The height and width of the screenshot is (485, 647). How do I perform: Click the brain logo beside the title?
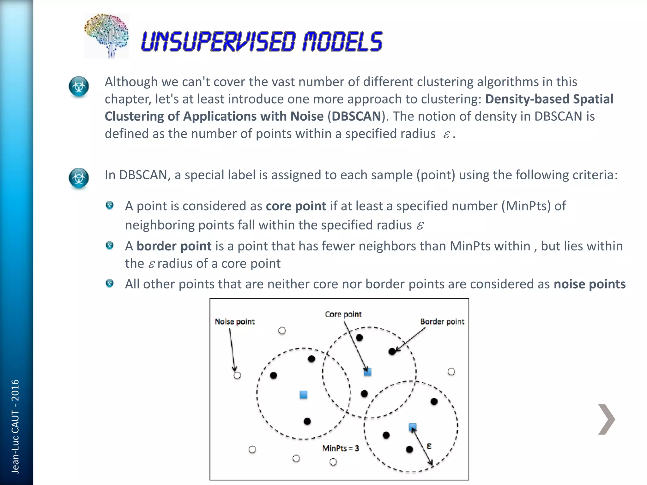coord(106,36)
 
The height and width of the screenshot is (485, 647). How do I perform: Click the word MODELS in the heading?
coord(342,42)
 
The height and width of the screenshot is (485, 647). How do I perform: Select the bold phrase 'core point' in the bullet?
coord(296,206)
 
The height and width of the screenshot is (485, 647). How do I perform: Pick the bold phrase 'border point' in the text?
coord(174,246)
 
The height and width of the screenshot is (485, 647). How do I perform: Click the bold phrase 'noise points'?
coord(590,284)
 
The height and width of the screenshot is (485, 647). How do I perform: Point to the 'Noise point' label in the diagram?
coord(234,321)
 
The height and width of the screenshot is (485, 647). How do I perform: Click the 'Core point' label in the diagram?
coord(343,314)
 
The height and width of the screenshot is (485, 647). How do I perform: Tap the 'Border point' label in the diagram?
coord(442,321)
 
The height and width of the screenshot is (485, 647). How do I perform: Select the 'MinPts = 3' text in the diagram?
coord(340,448)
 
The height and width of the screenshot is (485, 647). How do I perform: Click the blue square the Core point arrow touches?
coord(367,372)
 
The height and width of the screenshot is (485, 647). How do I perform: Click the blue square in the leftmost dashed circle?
coord(304,395)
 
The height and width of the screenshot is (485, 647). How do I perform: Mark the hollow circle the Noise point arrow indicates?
coord(237,375)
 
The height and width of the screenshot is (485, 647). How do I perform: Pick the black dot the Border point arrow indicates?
coord(392,351)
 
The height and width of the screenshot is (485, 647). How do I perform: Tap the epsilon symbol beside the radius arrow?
coord(429,446)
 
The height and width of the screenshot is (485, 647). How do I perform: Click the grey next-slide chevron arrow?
coord(606,419)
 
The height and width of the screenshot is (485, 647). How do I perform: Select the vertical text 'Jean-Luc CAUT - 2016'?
coord(15,426)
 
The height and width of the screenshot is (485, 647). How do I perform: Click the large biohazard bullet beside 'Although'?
coord(79,86)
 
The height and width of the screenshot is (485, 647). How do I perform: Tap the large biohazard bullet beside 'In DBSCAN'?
coord(79,178)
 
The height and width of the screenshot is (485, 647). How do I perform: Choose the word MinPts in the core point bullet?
coord(526,206)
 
